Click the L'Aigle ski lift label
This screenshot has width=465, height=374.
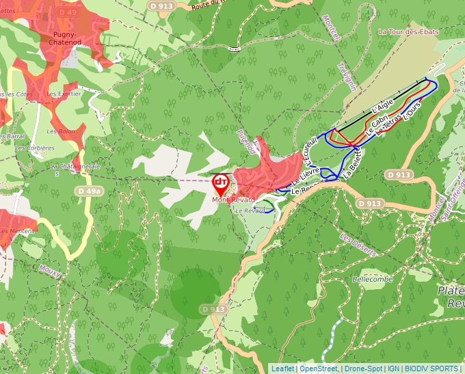383,106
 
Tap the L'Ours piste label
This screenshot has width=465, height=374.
410,109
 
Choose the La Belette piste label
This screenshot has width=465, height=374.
352,165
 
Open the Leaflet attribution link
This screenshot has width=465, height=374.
282,369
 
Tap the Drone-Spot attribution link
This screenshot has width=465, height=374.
362,369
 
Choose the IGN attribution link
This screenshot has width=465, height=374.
393,369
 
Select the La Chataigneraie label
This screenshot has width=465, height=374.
75,166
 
